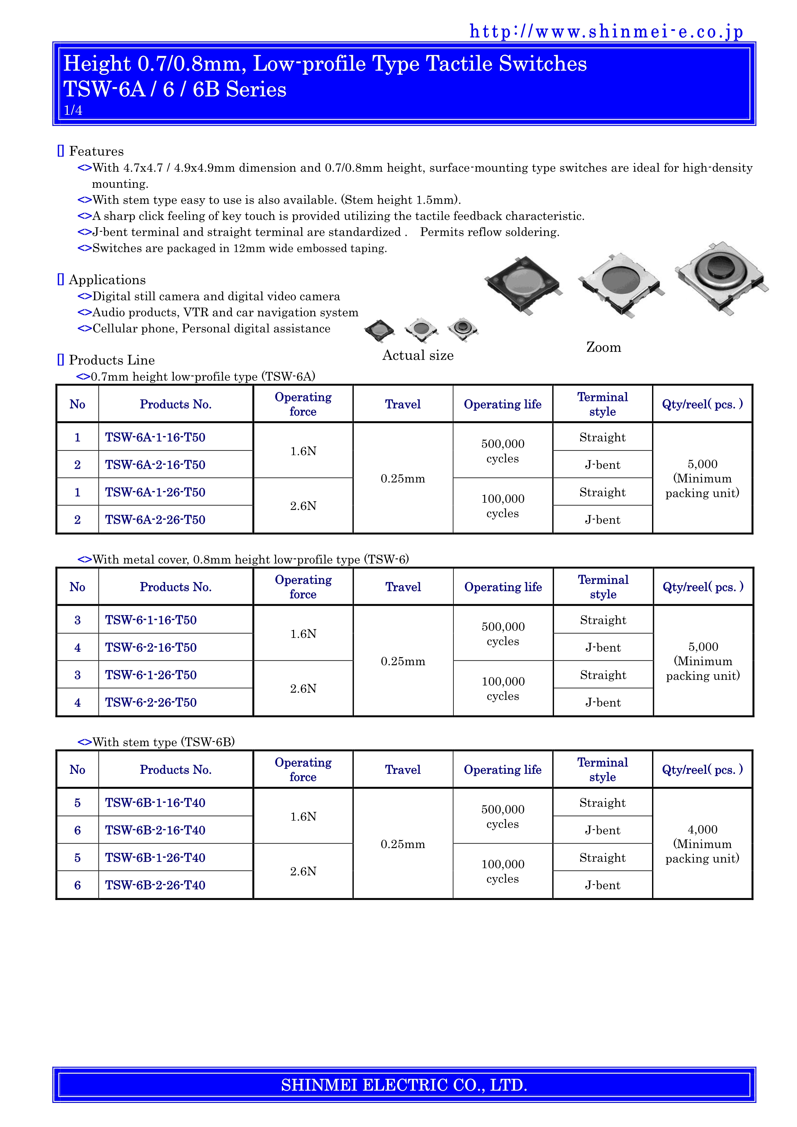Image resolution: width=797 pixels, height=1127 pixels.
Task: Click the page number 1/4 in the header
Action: (x=73, y=111)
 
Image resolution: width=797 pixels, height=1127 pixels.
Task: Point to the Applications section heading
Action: (x=107, y=280)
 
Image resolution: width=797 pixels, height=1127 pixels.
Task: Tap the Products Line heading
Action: (x=112, y=360)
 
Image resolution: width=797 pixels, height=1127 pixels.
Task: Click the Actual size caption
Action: (x=418, y=355)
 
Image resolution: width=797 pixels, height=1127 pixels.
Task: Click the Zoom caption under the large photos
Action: (x=603, y=347)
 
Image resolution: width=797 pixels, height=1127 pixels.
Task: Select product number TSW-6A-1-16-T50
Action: (x=155, y=437)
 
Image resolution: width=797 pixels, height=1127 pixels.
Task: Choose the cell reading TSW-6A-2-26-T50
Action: (x=155, y=520)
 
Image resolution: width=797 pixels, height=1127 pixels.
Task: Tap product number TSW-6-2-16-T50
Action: (x=151, y=648)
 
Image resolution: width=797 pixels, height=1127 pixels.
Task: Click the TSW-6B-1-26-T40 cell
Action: (x=155, y=858)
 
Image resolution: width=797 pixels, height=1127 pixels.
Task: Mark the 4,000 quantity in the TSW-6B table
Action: (x=702, y=830)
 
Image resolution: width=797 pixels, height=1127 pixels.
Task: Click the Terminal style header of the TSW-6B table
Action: (x=602, y=770)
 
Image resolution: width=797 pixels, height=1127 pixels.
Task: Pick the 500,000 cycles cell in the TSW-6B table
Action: (x=503, y=817)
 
